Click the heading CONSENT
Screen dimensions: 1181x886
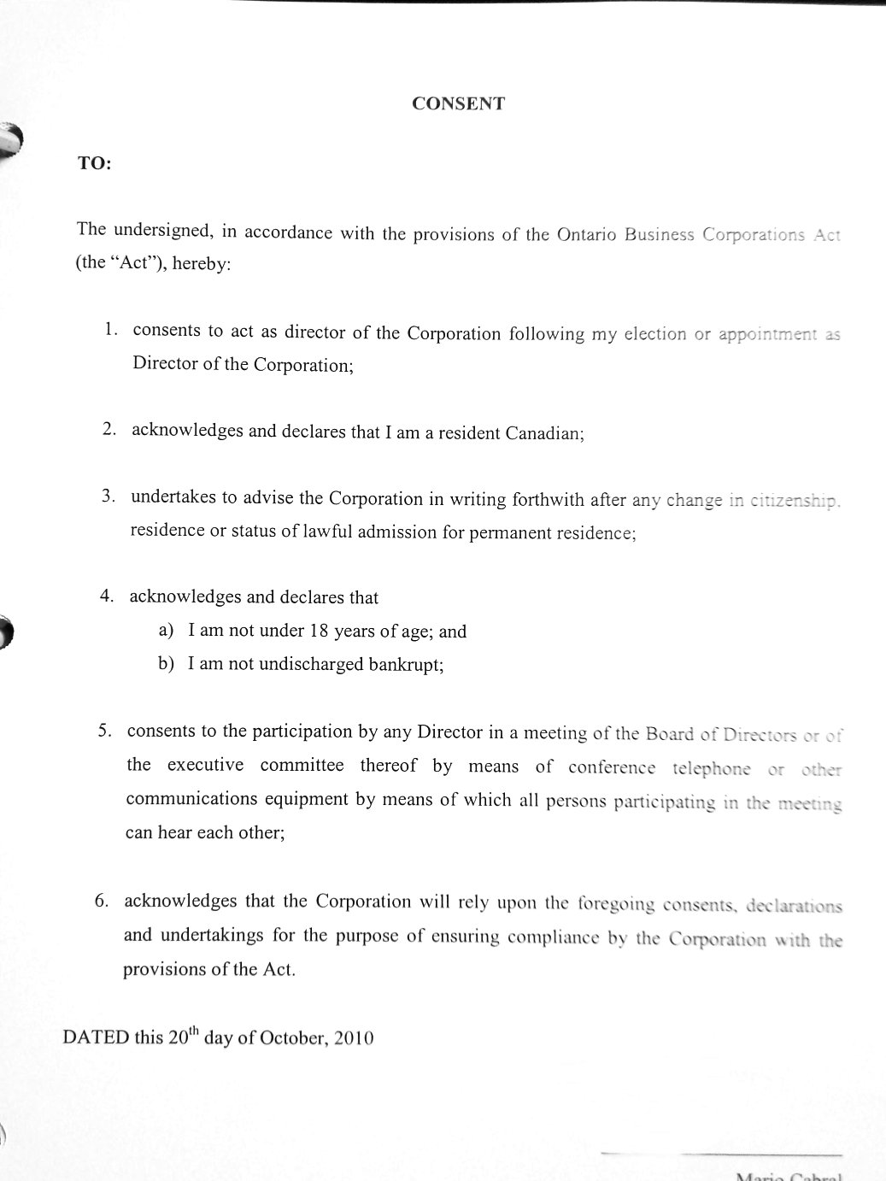coord(458,103)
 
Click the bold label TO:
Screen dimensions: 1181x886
coord(95,163)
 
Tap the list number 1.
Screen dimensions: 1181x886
coord(111,330)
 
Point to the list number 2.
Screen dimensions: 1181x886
coord(109,429)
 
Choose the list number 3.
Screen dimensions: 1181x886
coord(109,496)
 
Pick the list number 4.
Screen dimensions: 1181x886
coord(108,596)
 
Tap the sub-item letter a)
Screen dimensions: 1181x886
coord(166,630)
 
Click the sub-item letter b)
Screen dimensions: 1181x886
coord(166,663)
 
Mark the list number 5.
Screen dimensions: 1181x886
coord(106,731)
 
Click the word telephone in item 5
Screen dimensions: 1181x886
coord(712,768)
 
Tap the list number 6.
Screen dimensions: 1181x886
coord(103,901)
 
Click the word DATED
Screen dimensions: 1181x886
coord(96,1037)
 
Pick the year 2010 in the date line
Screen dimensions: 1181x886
coord(354,1039)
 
